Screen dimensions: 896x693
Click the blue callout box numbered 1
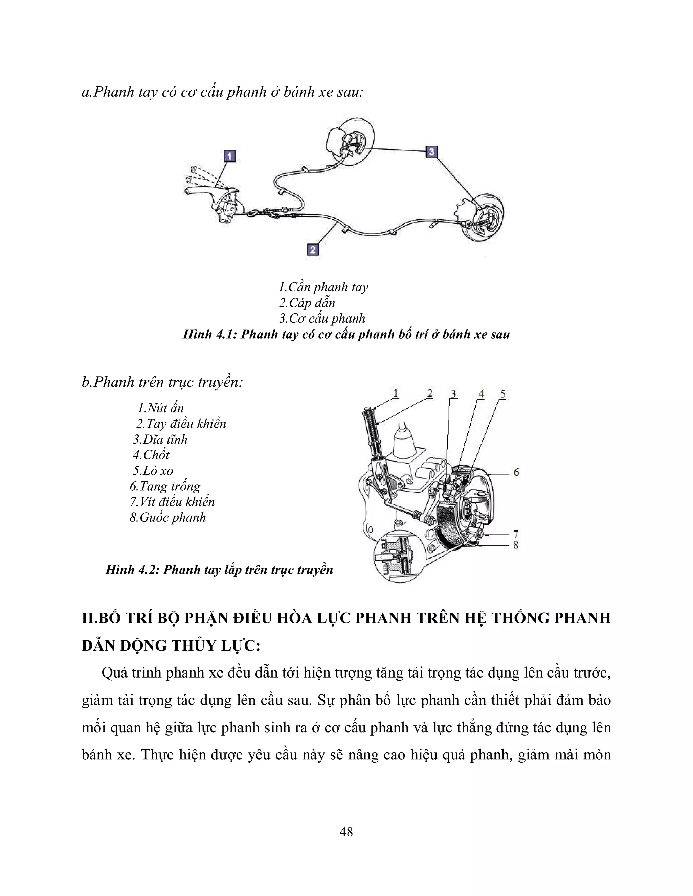(229, 156)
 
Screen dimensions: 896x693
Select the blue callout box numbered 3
(431, 152)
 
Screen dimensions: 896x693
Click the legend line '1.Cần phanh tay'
(323, 287)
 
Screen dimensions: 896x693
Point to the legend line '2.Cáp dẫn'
(307, 303)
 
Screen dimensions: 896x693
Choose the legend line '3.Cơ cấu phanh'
(322, 319)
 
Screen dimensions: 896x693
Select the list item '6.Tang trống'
(165, 486)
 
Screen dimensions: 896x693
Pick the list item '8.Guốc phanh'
(168, 517)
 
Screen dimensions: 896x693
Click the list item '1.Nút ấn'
(160, 408)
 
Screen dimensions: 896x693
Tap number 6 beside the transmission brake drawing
(516, 472)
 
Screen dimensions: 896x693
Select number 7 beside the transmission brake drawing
(516, 534)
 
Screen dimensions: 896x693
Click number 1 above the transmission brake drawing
(395, 394)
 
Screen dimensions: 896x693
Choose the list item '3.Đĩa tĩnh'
(160, 440)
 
